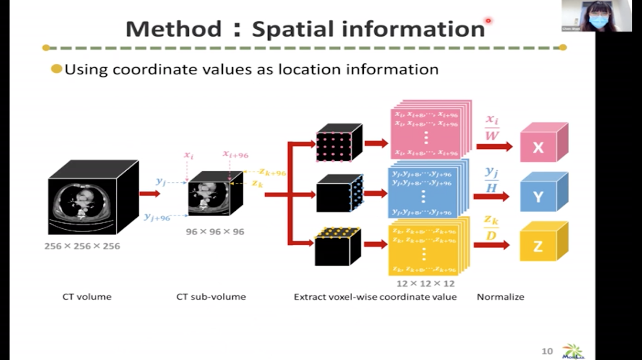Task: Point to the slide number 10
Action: [547, 351]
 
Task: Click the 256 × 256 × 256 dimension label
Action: [82, 246]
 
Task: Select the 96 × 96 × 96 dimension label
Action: [215, 232]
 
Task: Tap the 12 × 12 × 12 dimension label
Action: [425, 284]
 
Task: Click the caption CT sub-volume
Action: [211, 297]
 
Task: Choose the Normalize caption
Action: [500, 297]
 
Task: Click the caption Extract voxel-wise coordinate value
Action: [375, 297]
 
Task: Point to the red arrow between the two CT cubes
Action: [150, 193]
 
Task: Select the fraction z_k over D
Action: [491, 228]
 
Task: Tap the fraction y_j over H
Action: [491, 179]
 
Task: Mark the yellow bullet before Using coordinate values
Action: [56, 69]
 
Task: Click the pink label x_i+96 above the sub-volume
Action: [235, 155]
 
